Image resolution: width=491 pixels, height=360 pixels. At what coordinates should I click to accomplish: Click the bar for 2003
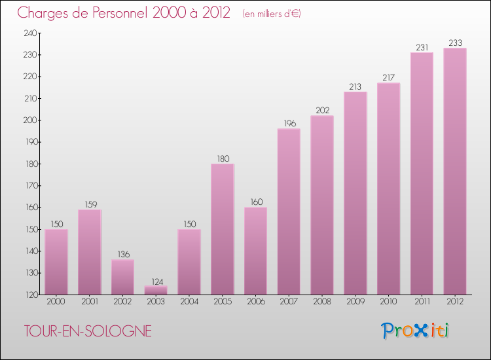click(x=156, y=290)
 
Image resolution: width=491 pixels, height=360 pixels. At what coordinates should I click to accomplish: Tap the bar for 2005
click(x=223, y=229)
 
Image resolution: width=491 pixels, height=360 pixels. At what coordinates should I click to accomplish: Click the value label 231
click(x=422, y=47)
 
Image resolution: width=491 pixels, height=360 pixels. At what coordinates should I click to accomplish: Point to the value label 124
click(x=156, y=281)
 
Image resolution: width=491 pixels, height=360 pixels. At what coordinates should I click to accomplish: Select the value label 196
click(x=289, y=124)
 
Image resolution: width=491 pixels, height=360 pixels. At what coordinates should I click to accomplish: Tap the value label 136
click(x=122, y=255)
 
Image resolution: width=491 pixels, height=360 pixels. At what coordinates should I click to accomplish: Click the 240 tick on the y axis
click(x=30, y=33)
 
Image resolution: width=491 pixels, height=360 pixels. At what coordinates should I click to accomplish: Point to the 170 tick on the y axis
click(x=30, y=186)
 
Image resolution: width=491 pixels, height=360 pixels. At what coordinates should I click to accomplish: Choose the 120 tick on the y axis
click(x=30, y=295)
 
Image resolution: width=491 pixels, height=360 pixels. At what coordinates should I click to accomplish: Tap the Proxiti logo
click(x=415, y=331)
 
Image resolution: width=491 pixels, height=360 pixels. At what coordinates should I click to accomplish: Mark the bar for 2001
click(x=90, y=252)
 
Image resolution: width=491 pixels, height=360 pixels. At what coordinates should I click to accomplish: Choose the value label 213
click(x=355, y=86)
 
